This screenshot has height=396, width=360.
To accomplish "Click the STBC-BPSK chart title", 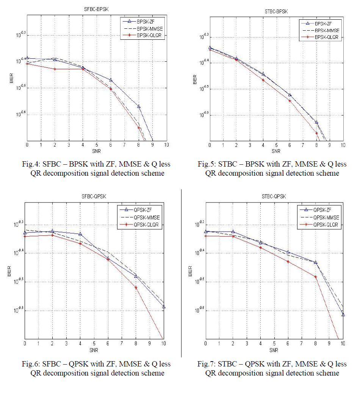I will click(276, 12).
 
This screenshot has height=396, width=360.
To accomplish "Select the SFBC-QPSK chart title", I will click(94, 196).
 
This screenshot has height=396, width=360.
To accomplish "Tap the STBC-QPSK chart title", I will click(274, 196).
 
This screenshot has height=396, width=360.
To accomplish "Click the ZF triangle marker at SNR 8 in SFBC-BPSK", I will click(139, 106).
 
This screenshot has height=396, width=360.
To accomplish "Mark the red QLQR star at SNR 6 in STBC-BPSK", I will click(290, 101).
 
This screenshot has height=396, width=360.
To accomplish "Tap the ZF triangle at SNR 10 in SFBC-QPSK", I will click(164, 307).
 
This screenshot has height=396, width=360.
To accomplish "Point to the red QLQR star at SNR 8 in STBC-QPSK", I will click(315, 277).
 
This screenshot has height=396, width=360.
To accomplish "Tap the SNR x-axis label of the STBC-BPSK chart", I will click(276, 151).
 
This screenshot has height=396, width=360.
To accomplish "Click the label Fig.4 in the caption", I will click(31, 164).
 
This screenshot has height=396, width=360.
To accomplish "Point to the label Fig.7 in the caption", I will click(207, 364).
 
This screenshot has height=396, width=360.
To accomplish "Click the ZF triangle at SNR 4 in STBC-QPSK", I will click(261, 242).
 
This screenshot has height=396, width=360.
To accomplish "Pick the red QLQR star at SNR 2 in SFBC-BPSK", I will click(55, 69).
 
